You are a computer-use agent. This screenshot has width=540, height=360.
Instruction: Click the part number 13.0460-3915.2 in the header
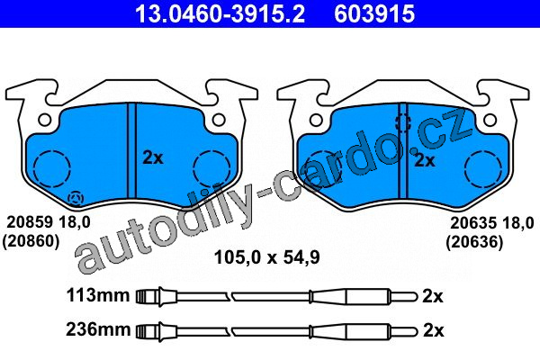click(220, 14)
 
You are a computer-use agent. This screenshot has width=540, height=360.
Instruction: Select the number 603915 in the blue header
click(374, 14)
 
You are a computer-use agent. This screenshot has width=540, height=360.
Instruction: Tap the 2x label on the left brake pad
click(153, 157)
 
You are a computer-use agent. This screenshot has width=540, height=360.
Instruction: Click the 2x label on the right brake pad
click(424, 160)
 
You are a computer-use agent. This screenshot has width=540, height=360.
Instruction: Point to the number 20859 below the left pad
click(28, 222)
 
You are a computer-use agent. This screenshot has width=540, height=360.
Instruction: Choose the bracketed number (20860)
click(31, 241)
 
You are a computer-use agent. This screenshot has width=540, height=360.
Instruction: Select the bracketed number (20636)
click(474, 242)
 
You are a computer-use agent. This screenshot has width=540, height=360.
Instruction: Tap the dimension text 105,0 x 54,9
click(267, 257)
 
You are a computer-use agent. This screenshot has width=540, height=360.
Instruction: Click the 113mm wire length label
click(98, 295)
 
